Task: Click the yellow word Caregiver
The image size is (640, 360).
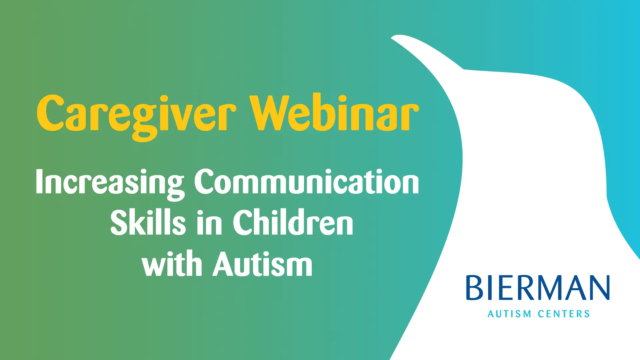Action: tap(137, 117)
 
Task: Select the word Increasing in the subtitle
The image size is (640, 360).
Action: tap(110, 183)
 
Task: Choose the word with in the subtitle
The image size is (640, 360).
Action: tap(172, 263)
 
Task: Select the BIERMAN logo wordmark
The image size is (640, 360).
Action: tap(538, 288)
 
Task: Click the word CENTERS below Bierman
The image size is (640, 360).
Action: tap(564, 314)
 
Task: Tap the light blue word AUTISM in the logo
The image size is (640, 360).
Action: tap(509, 314)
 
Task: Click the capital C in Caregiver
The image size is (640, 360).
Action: tap(50, 113)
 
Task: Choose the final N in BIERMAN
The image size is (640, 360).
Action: tap(599, 288)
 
